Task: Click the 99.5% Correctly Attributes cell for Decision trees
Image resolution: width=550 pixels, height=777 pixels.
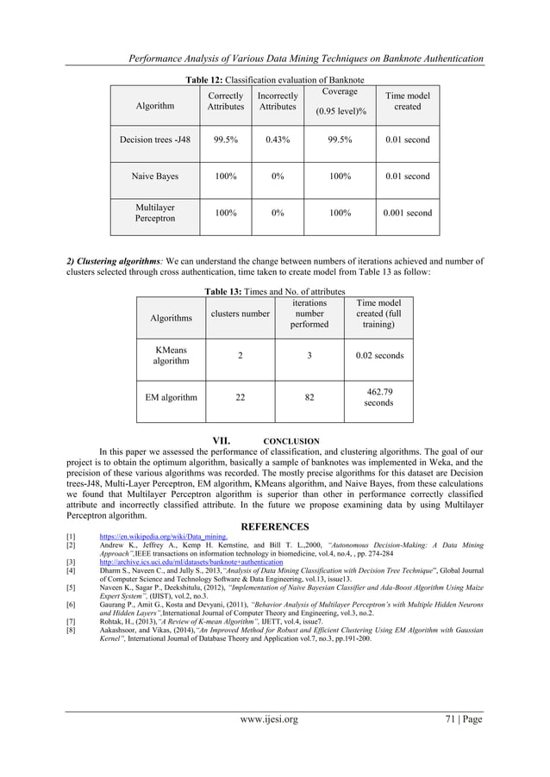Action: coord(226,140)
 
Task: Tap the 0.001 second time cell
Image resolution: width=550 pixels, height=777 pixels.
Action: coord(407,212)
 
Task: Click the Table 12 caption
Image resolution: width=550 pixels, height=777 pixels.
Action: coord(274,79)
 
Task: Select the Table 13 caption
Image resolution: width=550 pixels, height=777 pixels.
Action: coord(274,292)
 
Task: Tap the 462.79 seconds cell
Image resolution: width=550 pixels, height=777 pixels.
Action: coord(378,397)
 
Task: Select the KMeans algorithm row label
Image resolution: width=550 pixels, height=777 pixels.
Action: coord(171,356)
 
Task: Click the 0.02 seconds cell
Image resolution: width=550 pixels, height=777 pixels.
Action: coord(378,356)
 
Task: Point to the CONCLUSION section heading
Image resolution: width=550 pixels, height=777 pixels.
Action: coord(291,440)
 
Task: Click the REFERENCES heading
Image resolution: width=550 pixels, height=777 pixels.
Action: coord(274,526)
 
